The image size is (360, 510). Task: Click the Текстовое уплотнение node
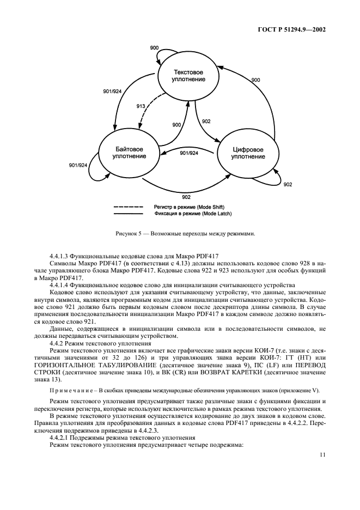[188, 76]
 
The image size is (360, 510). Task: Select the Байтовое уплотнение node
[129, 153]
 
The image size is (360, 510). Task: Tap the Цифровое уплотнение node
[247, 153]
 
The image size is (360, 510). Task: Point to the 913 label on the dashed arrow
[141, 107]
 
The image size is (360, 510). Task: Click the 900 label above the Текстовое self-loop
[154, 49]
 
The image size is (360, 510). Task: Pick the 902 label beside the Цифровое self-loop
[288, 185]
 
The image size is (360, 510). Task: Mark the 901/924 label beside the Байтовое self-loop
[78, 165]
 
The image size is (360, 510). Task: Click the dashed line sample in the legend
[129, 208]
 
